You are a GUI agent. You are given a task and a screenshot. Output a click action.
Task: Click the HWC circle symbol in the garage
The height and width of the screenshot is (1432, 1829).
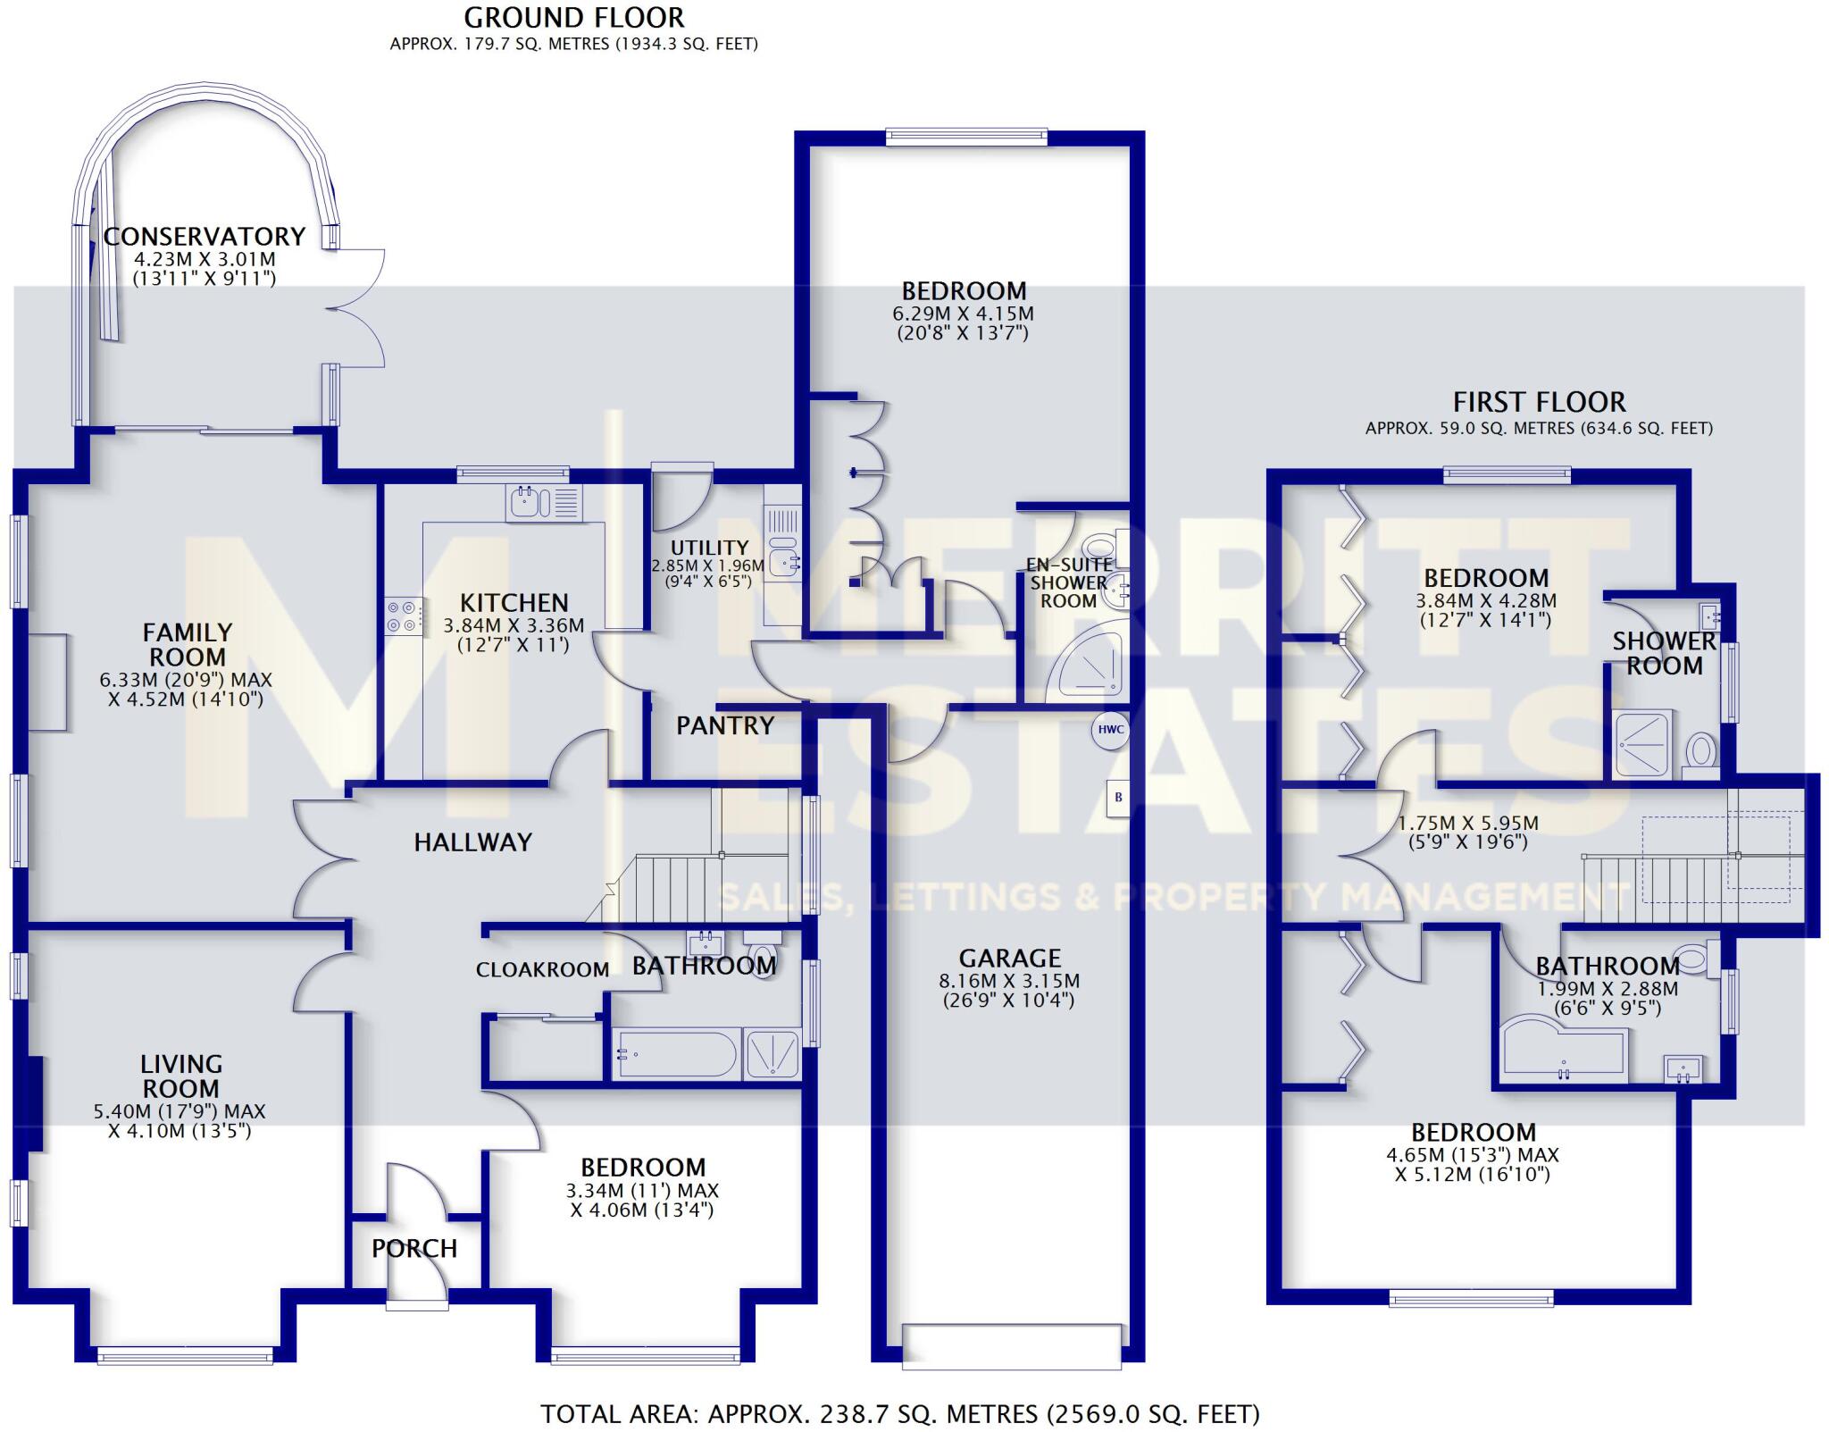tap(1110, 730)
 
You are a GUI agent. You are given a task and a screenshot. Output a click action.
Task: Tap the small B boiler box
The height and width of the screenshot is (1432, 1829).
tap(1118, 798)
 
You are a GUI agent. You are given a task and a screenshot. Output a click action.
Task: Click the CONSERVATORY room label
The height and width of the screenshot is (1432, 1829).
tap(205, 237)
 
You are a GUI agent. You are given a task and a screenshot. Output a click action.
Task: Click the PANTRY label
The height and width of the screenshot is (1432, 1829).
tap(725, 725)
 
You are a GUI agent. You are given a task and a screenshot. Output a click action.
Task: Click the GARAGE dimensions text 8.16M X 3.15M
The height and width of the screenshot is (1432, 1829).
tap(1009, 981)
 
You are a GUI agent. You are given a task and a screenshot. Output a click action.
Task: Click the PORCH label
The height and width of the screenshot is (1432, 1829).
tap(414, 1248)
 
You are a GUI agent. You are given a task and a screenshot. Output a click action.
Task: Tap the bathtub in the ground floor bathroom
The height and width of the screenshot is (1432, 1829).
tap(677, 1055)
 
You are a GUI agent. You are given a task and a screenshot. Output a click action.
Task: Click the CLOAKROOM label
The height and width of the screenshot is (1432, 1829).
tap(542, 970)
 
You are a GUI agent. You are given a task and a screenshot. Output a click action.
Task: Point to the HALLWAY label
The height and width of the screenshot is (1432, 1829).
tap(472, 842)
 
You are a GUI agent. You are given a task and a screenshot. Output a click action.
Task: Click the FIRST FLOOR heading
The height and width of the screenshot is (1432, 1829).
tap(1539, 402)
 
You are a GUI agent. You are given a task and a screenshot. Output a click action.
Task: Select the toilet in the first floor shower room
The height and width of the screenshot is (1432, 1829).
tap(1700, 751)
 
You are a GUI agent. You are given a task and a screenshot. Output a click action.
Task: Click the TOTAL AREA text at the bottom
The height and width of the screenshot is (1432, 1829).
tap(900, 1414)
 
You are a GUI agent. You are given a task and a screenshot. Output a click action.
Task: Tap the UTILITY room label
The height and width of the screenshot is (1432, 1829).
tap(709, 548)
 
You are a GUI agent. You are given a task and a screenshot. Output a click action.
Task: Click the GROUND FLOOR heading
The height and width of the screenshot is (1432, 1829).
tap(574, 18)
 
